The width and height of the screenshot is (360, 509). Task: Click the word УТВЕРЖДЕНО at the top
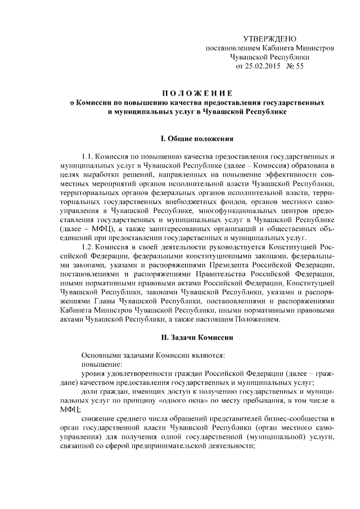coord(269,39)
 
